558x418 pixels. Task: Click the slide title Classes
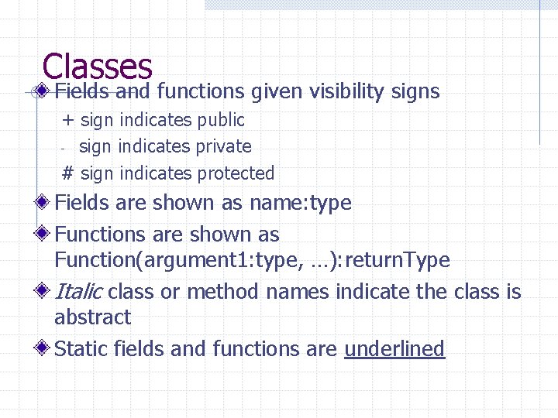coord(98,67)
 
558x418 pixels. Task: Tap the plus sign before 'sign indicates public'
coord(68,120)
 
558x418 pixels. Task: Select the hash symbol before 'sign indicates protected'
coord(68,173)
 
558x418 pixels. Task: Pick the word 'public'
coord(221,121)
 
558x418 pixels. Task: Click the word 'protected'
coord(236,173)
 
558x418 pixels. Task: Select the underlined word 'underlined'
coord(394,349)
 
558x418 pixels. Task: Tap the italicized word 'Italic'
coord(78,292)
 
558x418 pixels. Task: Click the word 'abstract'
coord(92,317)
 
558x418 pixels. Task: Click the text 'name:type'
coord(300,204)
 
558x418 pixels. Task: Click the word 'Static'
coord(81,349)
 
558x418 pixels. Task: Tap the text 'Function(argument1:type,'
coord(162,260)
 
